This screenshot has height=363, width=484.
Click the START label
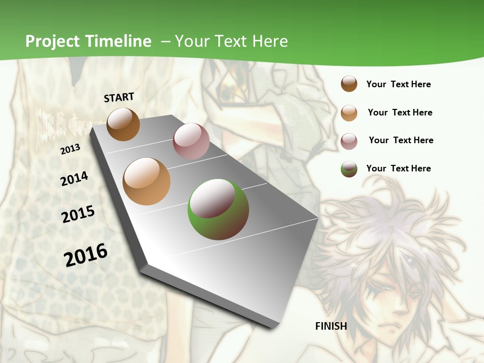tap(119, 97)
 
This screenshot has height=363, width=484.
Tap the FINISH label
tap(331, 326)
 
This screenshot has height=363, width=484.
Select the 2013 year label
tap(70, 149)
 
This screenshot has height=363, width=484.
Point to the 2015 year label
tap(78, 214)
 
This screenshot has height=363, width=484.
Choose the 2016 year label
tap(86, 255)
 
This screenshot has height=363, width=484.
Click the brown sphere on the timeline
tap(124, 125)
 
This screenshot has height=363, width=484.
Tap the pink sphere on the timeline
tap(191, 141)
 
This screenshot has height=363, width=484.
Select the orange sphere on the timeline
tap(147, 181)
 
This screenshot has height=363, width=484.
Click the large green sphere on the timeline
tap(218, 209)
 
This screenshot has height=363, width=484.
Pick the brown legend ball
tap(349, 84)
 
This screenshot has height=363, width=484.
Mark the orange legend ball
tap(349, 112)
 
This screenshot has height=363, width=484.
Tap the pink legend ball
tap(349, 141)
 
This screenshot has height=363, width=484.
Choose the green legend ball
tap(349, 169)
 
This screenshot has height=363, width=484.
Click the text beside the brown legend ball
tap(398, 84)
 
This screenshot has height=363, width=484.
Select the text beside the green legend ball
tap(398, 168)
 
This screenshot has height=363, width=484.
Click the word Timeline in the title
tap(118, 41)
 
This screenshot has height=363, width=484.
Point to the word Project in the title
tap(53, 41)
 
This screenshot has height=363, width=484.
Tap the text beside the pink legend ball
tap(401, 140)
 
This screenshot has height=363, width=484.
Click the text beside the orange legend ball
tap(400, 112)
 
